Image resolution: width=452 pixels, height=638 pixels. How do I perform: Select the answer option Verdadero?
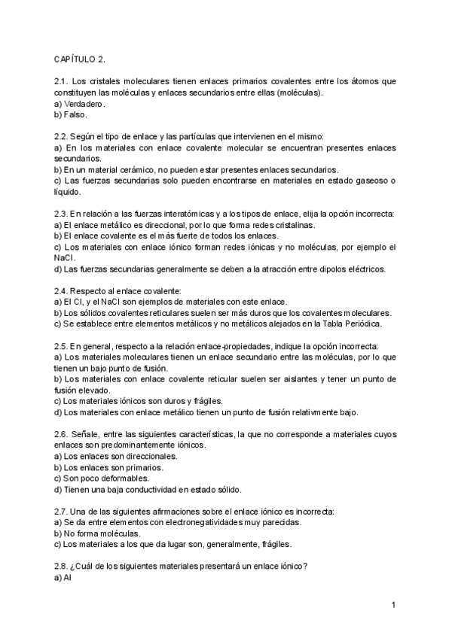[84, 104]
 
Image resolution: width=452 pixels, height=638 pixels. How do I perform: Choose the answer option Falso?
[76, 115]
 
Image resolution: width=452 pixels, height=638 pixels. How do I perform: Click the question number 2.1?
[62, 81]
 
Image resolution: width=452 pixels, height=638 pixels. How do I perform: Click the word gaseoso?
[371, 181]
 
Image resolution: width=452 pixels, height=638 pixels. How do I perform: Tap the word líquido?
[69, 192]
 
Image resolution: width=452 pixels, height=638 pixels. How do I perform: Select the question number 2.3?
[62, 214]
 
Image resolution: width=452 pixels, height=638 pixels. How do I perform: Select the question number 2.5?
[62, 346]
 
